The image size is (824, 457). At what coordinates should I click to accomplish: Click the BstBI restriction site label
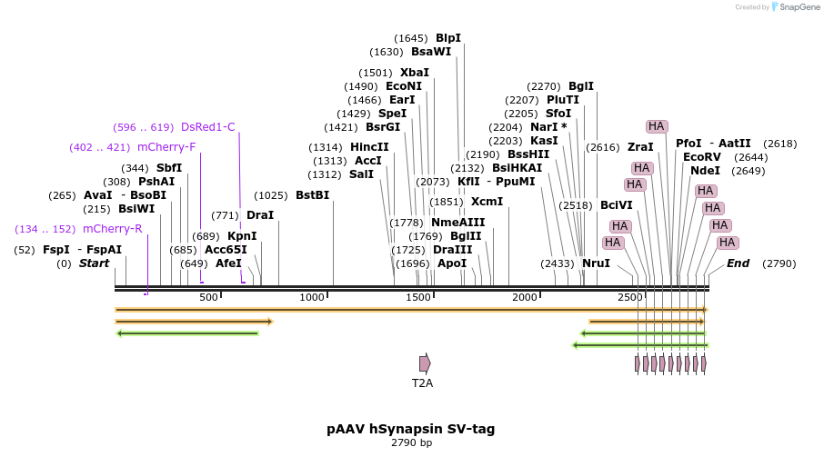(312, 195)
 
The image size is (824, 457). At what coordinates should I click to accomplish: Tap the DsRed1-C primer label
(208, 127)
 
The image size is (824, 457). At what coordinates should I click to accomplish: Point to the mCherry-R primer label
(113, 229)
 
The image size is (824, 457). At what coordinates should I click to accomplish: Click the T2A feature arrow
(425, 363)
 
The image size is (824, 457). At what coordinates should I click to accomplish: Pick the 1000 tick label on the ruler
(312, 298)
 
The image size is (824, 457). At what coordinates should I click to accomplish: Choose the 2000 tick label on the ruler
(525, 298)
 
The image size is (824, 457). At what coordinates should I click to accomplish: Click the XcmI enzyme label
(487, 202)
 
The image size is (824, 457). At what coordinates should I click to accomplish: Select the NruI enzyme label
(596, 263)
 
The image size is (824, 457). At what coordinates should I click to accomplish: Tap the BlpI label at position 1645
(448, 38)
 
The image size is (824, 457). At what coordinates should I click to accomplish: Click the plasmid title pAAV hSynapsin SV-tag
(411, 429)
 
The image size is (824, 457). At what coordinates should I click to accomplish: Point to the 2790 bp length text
(411, 443)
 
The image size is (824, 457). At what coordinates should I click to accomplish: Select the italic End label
(738, 263)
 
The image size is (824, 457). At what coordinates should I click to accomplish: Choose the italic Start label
(94, 263)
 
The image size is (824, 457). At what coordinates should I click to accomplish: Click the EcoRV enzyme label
(701, 157)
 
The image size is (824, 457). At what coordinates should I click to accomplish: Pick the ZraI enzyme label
(640, 147)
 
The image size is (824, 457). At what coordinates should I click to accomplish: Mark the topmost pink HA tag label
(657, 126)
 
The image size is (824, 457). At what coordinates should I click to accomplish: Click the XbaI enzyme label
(414, 73)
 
